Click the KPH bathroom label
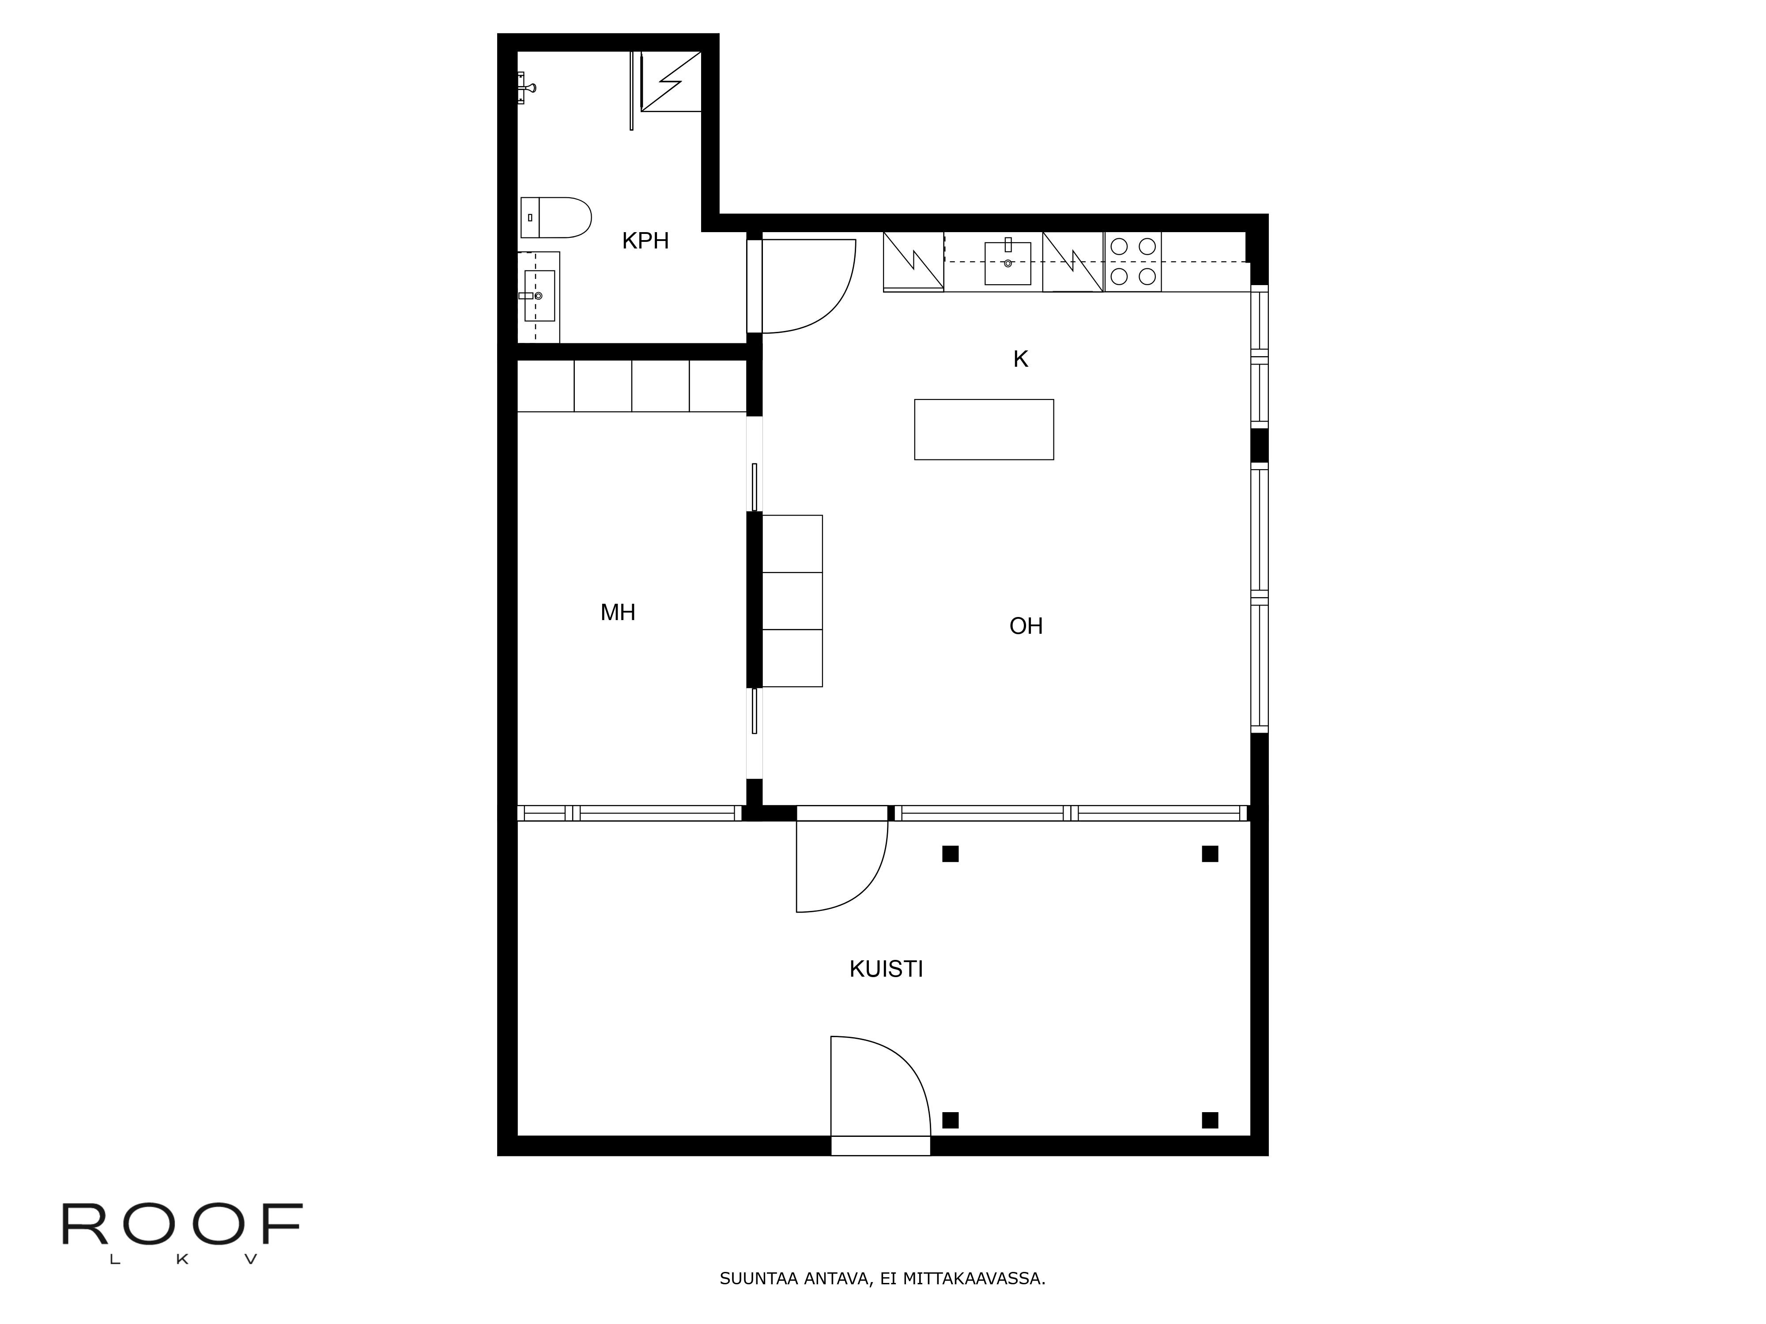tap(645, 240)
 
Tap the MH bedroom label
tap(618, 612)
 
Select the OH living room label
tap(1026, 626)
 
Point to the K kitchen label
tap(1020, 359)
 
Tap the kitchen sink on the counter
tap(1008, 263)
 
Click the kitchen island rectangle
tap(984, 429)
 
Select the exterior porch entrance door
tap(881, 1101)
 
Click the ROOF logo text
tap(182, 1225)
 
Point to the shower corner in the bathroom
tap(671, 81)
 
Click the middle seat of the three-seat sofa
tap(792, 600)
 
